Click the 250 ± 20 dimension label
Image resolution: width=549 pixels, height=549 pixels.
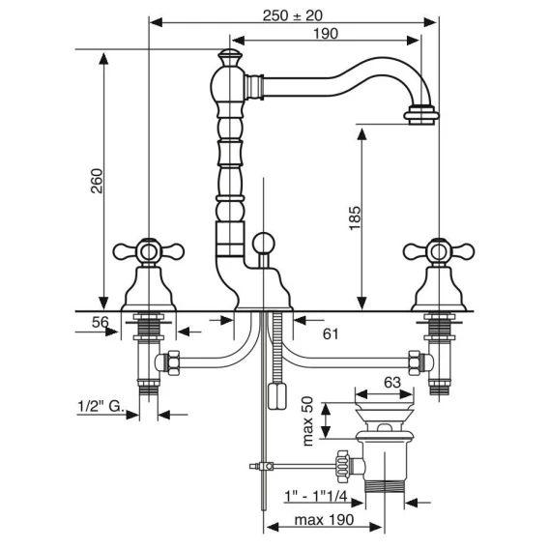[292, 15]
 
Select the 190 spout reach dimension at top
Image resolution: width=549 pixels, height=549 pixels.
[326, 34]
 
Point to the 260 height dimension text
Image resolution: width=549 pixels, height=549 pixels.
[97, 181]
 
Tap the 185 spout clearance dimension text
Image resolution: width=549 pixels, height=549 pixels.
[355, 218]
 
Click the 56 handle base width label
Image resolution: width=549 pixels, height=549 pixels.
[101, 322]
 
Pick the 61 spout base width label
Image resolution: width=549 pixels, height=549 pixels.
[331, 334]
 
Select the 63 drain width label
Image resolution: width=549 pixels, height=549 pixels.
[392, 383]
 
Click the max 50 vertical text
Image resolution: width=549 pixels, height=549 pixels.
[307, 420]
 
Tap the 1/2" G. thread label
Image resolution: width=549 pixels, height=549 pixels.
[101, 407]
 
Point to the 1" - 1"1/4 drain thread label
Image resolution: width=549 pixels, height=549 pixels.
[315, 496]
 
